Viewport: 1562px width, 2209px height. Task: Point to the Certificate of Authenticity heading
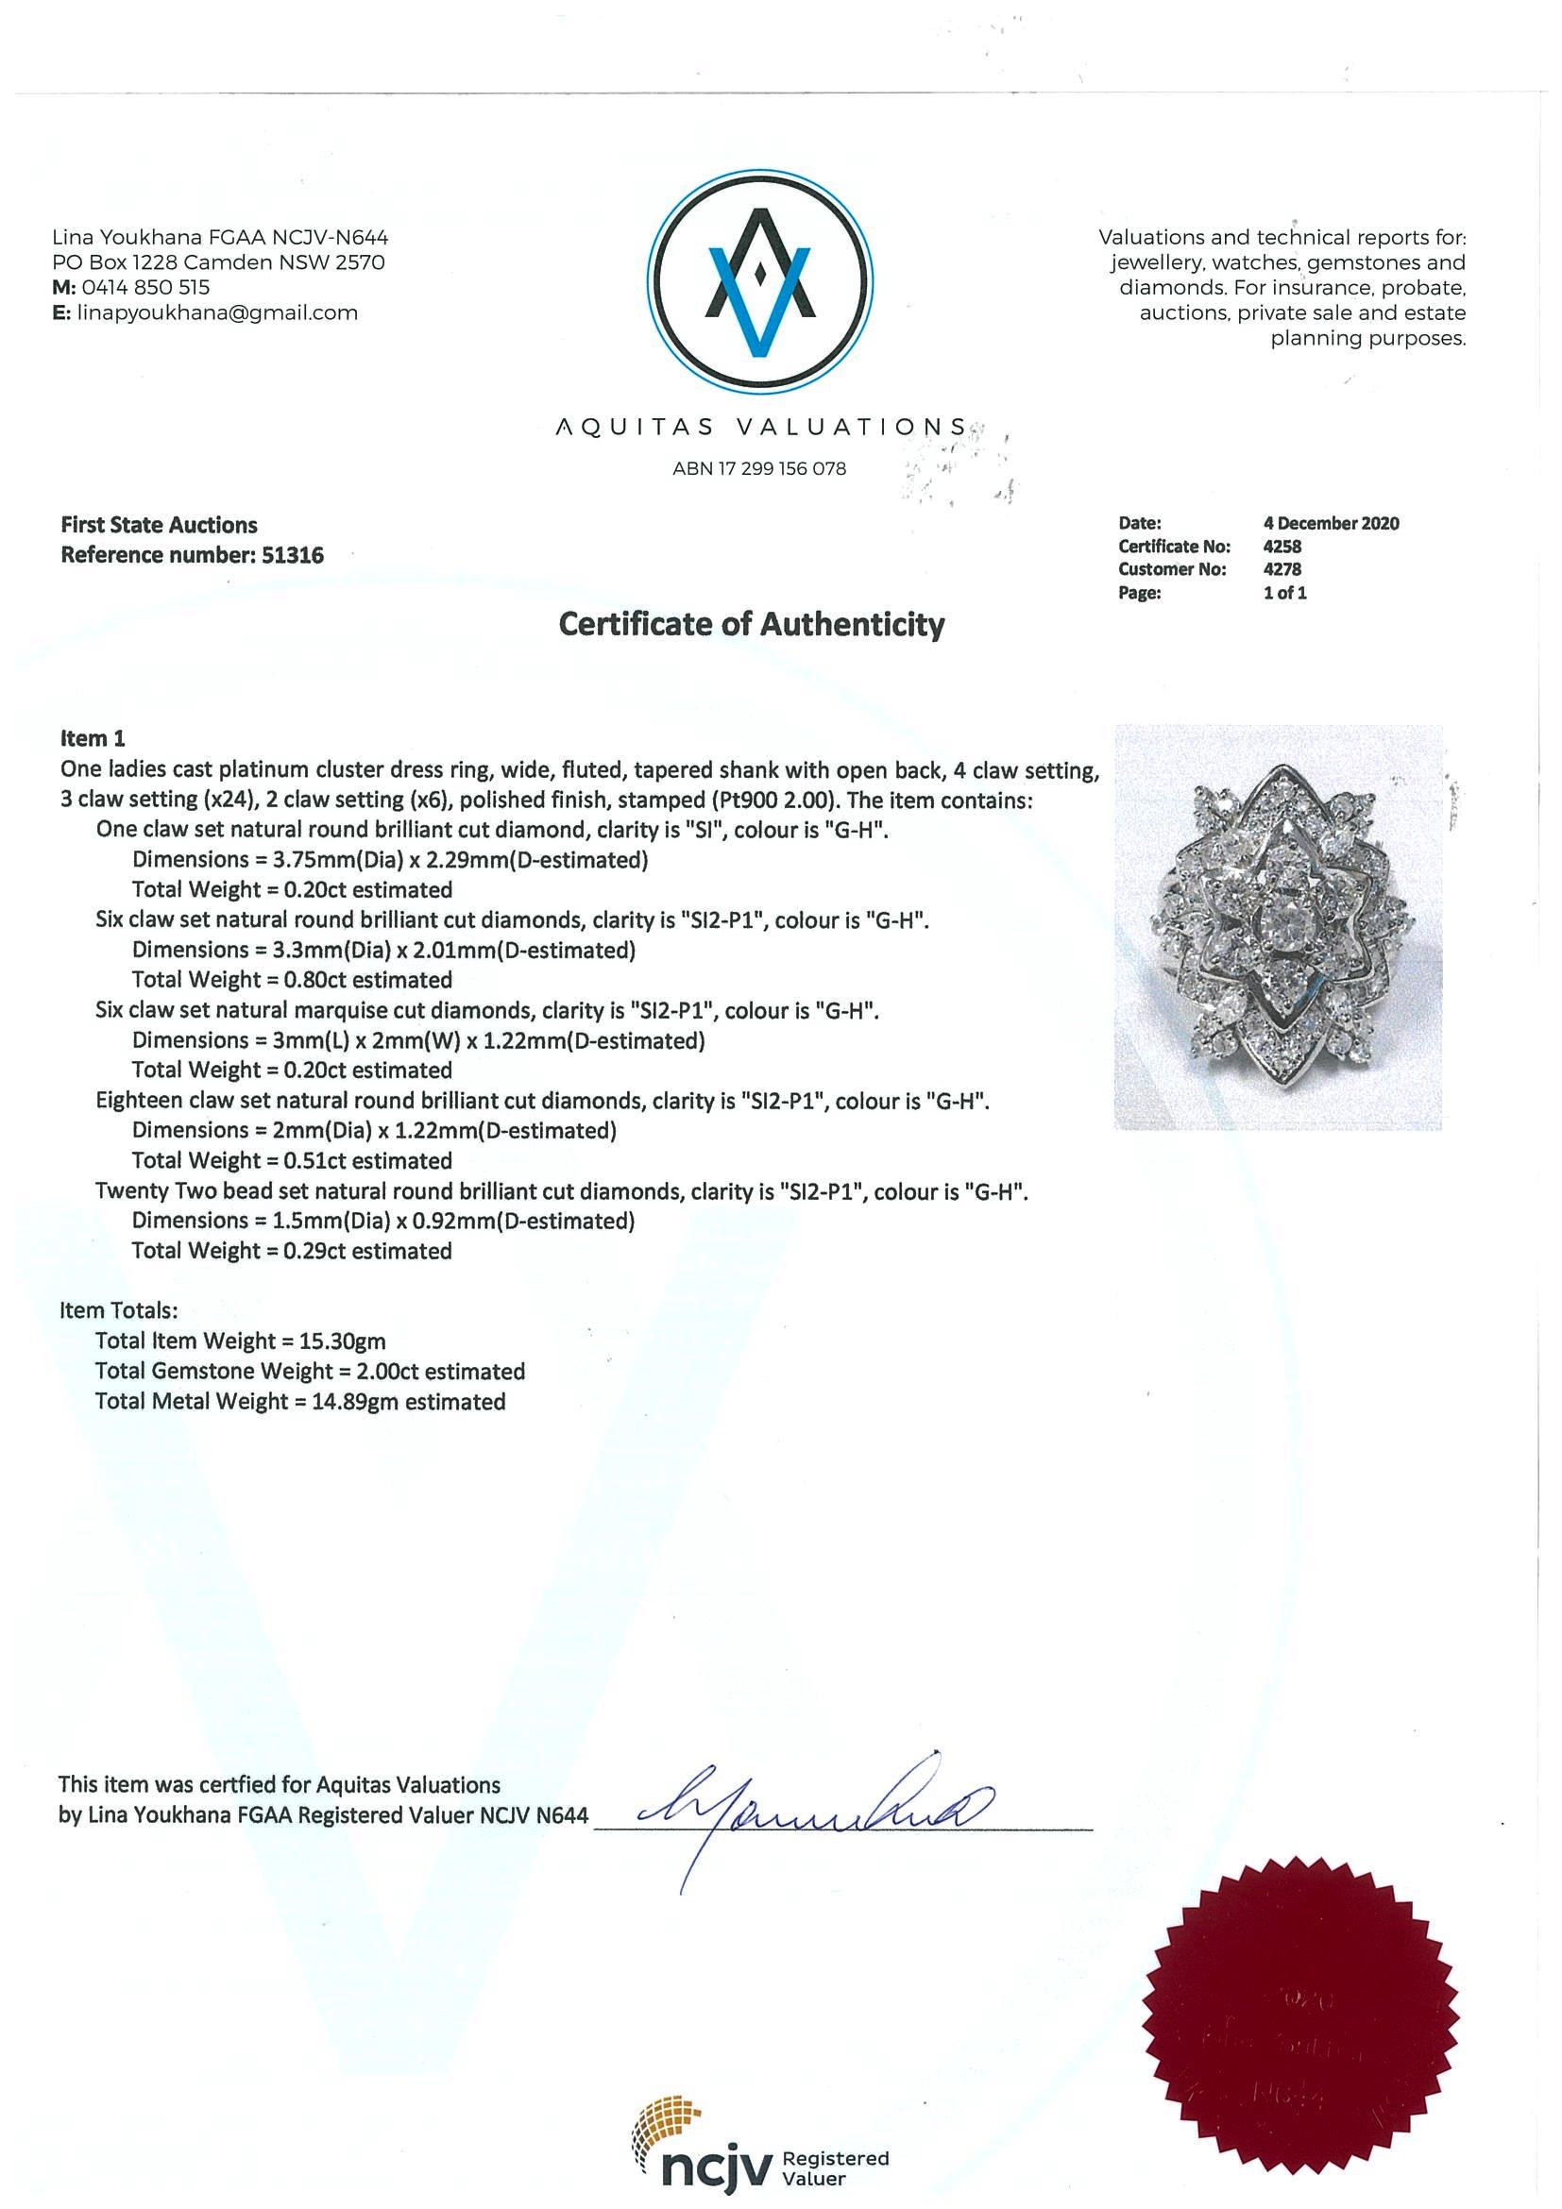(752, 625)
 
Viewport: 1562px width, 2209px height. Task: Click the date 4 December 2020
(1331, 523)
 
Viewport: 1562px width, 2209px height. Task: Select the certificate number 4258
(1282, 547)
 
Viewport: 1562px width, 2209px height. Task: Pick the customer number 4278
(1282, 569)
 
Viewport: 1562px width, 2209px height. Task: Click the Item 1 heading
(93, 739)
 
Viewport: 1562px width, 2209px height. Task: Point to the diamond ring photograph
(1277, 926)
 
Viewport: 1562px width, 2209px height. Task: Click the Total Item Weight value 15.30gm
(349, 1341)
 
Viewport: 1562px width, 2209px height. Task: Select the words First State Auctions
(159, 525)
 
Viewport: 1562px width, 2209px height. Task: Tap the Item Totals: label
(118, 1310)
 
